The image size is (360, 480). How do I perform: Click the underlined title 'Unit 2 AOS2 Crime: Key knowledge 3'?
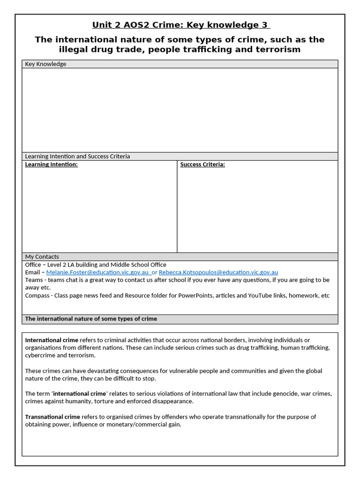[x=180, y=25]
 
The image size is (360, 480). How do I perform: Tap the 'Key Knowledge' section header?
[x=45, y=64]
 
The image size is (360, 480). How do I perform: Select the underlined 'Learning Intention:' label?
[x=51, y=165]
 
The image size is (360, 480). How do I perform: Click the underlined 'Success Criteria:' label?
[x=202, y=165]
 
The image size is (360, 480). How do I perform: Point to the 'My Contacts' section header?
[x=42, y=256]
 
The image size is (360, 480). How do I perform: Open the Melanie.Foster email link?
[x=97, y=272]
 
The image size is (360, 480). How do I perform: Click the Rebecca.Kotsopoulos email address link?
[x=218, y=272]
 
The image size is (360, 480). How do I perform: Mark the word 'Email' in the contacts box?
[x=33, y=272]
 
